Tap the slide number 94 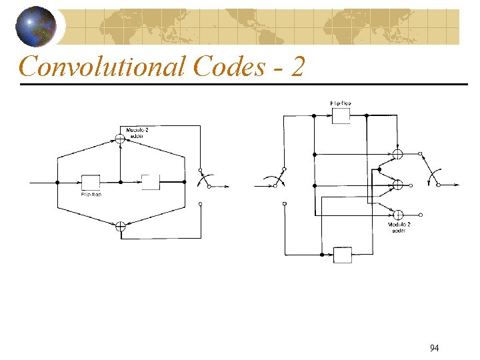[x=434, y=348]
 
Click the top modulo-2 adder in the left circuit [x=120, y=139]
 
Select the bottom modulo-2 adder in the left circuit [x=120, y=226]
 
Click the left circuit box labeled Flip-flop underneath [x=90, y=182]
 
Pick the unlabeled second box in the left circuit [x=151, y=182]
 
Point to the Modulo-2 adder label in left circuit [x=137, y=132]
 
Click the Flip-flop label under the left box [x=91, y=195]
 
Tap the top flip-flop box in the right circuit [x=341, y=115]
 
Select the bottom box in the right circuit [x=342, y=255]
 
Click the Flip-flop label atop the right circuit [x=341, y=103]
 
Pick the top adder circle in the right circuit [x=398, y=154]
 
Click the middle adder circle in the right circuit [x=398, y=185]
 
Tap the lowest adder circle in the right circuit [x=398, y=215]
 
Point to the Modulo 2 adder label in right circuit [x=399, y=227]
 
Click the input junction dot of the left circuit [x=57, y=182]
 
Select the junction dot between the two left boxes [x=120, y=182]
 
